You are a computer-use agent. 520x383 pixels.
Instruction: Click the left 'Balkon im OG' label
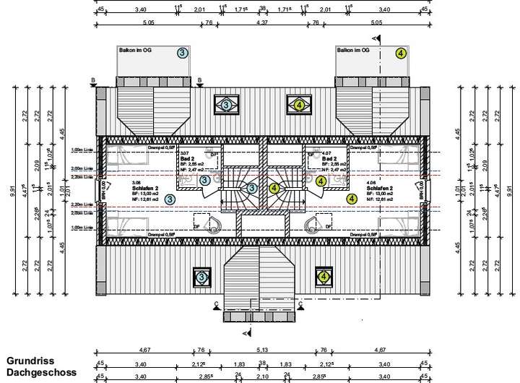pos(135,50)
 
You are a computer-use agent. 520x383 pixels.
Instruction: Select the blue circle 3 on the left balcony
pos(183,53)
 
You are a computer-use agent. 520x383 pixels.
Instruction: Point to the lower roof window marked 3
pos(201,277)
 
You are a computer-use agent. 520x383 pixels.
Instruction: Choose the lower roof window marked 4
pos(323,277)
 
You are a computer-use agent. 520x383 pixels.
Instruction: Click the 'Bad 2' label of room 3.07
pos(188,159)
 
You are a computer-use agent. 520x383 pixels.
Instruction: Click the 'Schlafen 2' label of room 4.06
pos(380,189)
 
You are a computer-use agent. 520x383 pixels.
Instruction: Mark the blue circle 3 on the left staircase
pos(252,188)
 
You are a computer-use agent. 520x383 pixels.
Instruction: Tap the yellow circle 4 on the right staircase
pos(274,188)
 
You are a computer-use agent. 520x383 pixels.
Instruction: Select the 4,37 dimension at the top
pos(262,23)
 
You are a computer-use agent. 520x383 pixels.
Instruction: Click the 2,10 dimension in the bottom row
pos(262,376)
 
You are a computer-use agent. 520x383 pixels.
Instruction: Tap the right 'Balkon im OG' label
pos(353,50)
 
